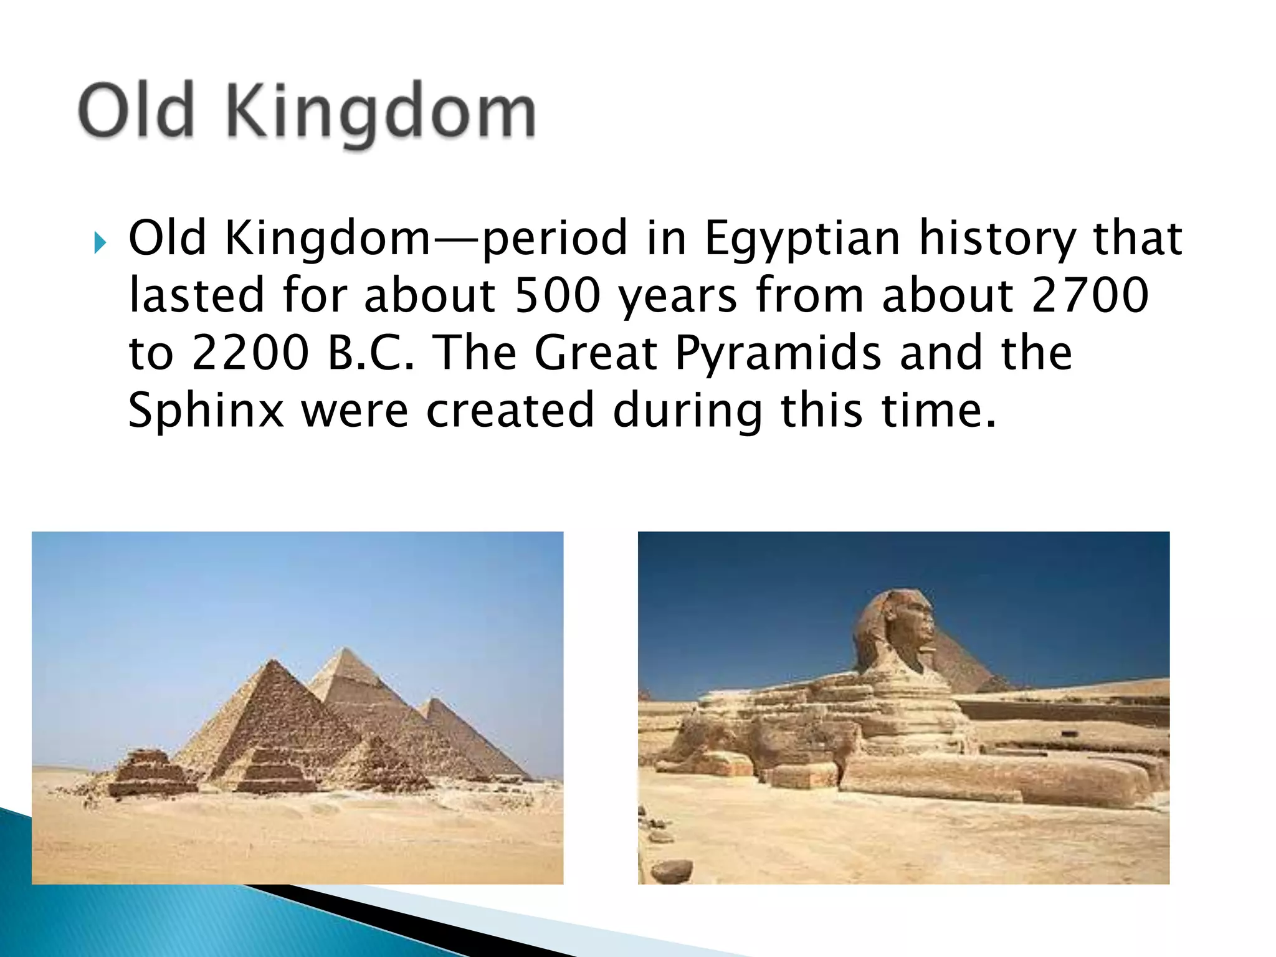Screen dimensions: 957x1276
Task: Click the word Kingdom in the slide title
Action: click(380, 112)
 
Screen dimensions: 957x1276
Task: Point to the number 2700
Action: click(1090, 295)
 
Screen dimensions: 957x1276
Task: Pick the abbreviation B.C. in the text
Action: click(370, 353)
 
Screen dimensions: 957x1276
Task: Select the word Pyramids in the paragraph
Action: click(779, 353)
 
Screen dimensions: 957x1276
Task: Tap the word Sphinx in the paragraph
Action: click(206, 410)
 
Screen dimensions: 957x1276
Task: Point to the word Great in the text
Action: click(596, 353)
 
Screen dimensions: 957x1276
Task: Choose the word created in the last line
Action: click(510, 410)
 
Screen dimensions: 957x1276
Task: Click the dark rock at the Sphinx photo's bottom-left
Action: click(672, 871)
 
